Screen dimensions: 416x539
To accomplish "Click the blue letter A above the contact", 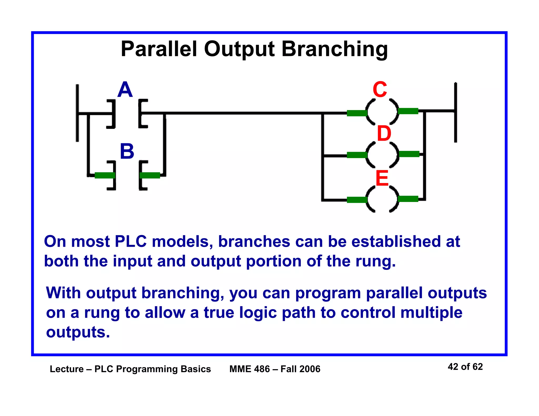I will [125, 90].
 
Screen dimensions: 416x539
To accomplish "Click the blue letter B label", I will [127, 151].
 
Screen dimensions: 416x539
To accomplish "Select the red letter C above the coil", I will [380, 90].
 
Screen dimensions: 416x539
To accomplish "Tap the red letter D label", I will [384, 134].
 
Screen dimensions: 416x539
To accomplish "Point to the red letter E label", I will [382, 178].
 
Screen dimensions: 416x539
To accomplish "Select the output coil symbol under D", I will [382, 155].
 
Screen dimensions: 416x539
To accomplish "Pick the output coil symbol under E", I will [382, 199].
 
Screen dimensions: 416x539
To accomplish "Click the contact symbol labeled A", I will [127, 114].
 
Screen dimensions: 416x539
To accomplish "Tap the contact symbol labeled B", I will [127, 175].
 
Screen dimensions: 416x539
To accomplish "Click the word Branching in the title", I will [335, 49].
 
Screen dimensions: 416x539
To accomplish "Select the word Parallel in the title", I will [159, 49].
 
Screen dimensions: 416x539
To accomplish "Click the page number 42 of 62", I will [465, 367].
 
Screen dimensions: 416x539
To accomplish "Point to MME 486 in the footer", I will [249, 369].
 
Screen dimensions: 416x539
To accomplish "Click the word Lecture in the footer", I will [67, 369].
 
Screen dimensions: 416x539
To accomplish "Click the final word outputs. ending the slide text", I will [78, 332].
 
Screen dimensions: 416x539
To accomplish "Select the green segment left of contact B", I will [105, 175].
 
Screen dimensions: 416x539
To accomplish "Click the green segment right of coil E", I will [408, 199].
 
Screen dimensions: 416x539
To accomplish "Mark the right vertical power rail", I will [456, 113].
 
